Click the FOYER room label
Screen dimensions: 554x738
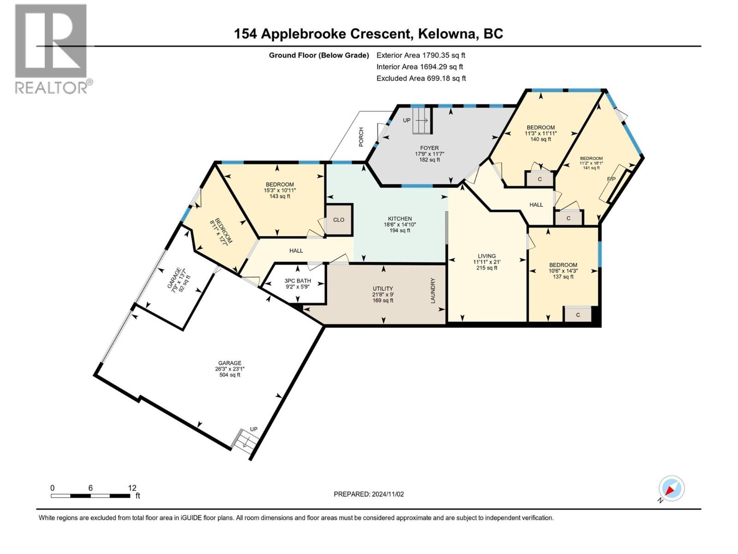pyautogui.click(x=429, y=148)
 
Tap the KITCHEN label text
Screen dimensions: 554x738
pyautogui.click(x=399, y=219)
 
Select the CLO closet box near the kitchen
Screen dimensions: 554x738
pyautogui.click(x=339, y=220)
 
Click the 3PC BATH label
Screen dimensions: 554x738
pyautogui.click(x=298, y=281)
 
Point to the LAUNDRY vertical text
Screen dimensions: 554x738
pyautogui.click(x=433, y=290)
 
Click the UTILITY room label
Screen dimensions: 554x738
pyautogui.click(x=383, y=289)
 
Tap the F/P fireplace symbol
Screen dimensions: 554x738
pyautogui.click(x=612, y=179)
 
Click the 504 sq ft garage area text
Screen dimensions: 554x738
pyautogui.click(x=230, y=375)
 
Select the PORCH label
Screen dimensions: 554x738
pyautogui.click(x=361, y=137)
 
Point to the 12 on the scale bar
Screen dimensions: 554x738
pyautogui.click(x=132, y=488)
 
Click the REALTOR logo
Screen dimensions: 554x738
pyautogui.click(x=51, y=48)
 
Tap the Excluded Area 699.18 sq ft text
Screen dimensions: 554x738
pyautogui.click(x=421, y=78)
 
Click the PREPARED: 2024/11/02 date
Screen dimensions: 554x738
pyautogui.click(x=369, y=494)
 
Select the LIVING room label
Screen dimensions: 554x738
pyautogui.click(x=487, y=256)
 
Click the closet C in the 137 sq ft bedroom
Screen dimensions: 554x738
pyautogui.click(x=577, y=315)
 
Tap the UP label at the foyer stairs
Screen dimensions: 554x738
pyautogui.click(x=406, y=120)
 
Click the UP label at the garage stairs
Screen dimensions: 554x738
pyautogui.click(x=253, y=429)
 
